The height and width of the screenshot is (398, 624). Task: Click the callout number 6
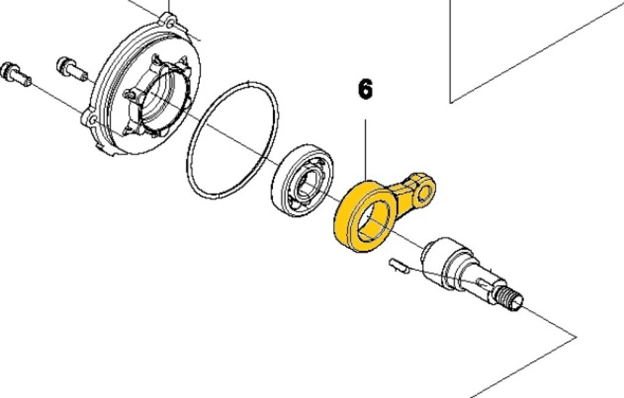(x=366, y=89)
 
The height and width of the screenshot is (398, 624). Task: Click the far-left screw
(x=16, y=74)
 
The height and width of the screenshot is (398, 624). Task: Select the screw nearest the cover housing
(x=72, y=69)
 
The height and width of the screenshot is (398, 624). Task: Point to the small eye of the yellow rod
(x=425, y=192)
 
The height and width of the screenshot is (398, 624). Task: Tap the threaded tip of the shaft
(x=510, y=297)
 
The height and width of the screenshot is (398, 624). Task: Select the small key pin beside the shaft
(x=399, y=265)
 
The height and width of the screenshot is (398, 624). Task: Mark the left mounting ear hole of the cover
(x=91, y=119)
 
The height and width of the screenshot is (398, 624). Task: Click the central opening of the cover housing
(x=159, y=100)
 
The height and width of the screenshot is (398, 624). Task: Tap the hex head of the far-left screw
(x=9, y=71)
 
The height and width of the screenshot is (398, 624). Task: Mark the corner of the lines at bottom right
(x=576, y=337)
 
